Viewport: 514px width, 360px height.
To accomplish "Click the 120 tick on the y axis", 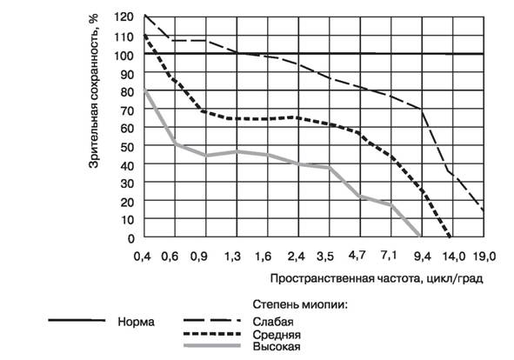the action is pos(124,17).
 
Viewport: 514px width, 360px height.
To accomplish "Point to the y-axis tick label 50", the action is pos(127,147).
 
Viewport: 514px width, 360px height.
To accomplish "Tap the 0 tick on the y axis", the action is pos(131,238).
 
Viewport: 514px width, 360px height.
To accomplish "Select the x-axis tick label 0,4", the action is pos(143,257).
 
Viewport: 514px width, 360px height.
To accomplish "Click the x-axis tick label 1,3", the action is pos(232,257).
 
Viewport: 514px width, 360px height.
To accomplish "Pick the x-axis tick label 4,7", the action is pos(357,255).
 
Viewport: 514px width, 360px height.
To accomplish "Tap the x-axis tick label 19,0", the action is pos(484,256).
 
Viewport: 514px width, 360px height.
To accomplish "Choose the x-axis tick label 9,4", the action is pos(423,257).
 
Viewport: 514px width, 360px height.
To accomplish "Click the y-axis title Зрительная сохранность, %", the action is pos(94,91).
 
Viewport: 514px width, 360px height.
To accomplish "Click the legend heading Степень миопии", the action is pos(300,304).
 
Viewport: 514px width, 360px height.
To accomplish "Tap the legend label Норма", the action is pos(136,322).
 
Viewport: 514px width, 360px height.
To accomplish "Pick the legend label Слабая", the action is pos(273,322).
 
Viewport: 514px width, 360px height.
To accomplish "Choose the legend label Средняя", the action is pos(277,335).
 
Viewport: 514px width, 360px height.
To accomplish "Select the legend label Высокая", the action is pos(277,347).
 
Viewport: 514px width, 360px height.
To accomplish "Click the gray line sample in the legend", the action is pos(212,345).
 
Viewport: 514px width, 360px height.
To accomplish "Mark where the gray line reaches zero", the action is pos(420,236).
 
